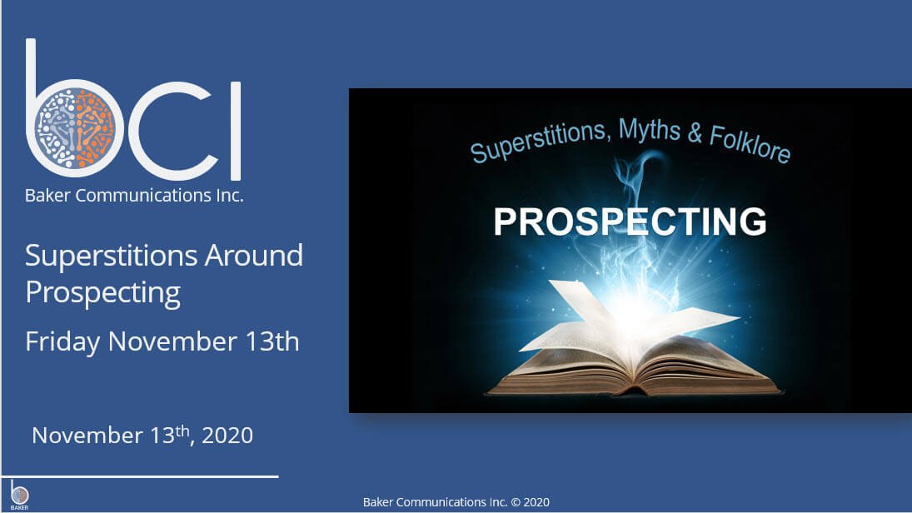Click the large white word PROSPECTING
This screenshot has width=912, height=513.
tap(630, 221)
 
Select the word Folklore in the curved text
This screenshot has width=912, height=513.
tap(750, 144)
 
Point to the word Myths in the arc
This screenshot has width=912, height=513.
tap(649, 129)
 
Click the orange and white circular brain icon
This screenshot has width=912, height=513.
tap(74, 127)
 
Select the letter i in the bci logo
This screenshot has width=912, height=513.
tap(236, 130)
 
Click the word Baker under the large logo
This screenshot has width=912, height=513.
tap(47, 196)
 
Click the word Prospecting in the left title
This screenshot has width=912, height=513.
tap(103, 292)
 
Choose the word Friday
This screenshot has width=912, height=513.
tap(62, 341)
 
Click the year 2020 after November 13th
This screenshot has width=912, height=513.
tap(227, 436)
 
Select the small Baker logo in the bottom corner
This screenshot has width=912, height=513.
tap(19, 496)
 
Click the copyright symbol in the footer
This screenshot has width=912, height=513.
tap(516, 502)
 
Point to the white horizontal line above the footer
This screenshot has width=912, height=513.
tap(140, 477)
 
